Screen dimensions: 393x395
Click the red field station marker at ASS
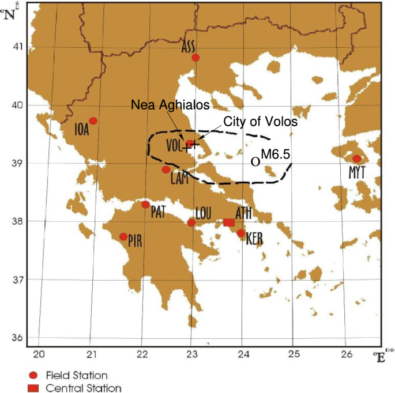pos(195,58)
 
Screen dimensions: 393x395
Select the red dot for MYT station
pos(356,158)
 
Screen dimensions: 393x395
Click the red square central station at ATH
pos(228,222)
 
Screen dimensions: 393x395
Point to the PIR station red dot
pos(123,237)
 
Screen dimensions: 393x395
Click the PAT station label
pos(159,213)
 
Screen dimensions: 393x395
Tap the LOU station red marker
pos(191,223)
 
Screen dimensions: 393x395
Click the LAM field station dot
pos(166,169)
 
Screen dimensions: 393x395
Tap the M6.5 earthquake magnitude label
pos(274,154)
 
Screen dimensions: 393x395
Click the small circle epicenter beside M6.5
pos(255,162)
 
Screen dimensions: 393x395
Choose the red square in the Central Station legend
pos(32,388)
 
